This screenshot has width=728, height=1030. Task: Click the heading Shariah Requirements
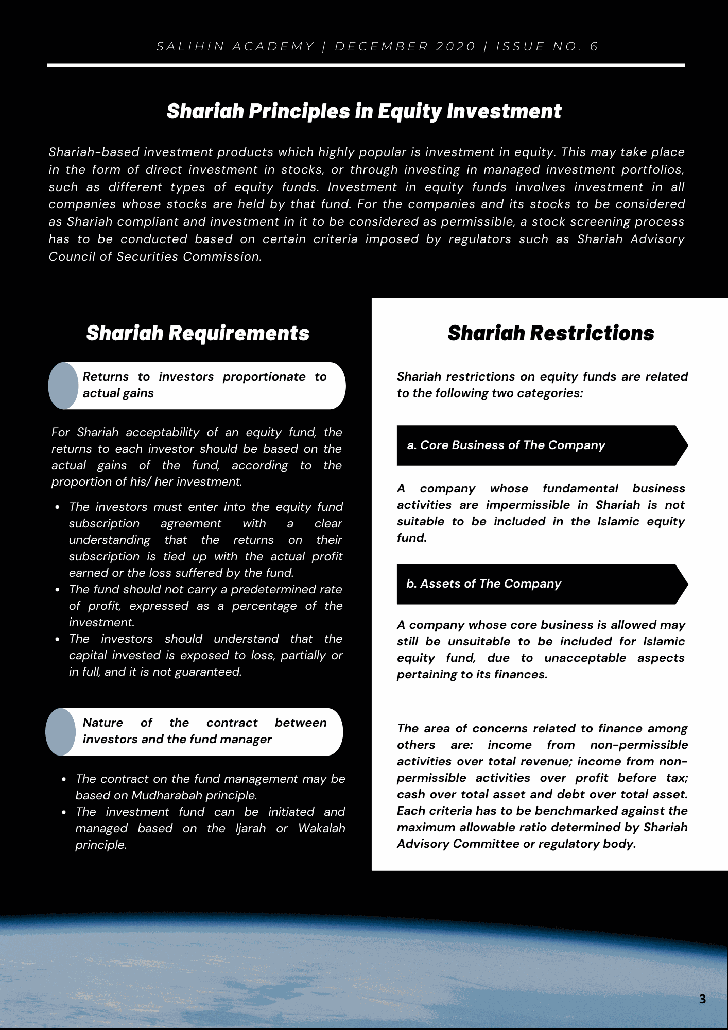tap(198, 333)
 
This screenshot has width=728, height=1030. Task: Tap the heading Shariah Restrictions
tap(550, 333)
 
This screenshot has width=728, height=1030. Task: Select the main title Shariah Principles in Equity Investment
tap(364, 111)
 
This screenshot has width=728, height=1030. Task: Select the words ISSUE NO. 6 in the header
tap(547, 47)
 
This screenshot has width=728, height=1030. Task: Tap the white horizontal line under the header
tap(366, 65)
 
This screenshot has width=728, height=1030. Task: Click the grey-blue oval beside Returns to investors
tap(63, 386)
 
